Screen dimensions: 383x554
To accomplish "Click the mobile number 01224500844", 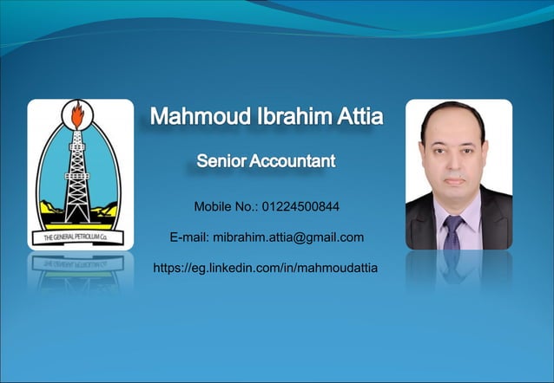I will pos(300,207).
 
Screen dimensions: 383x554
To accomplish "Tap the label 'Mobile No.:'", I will pos(226,207).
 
